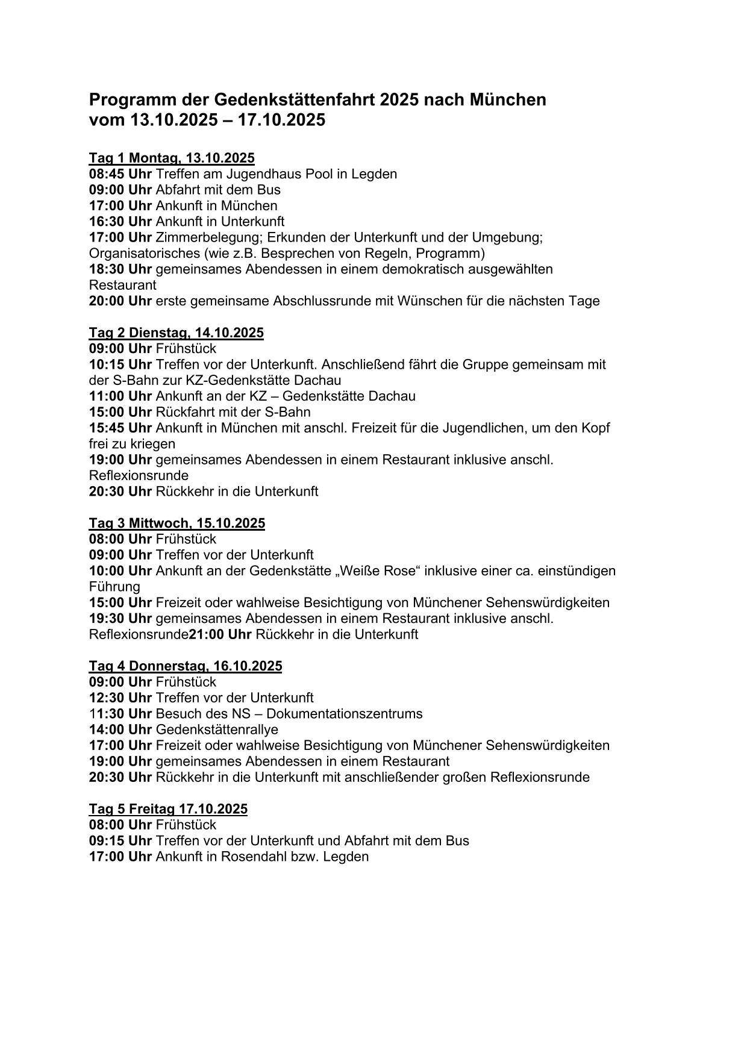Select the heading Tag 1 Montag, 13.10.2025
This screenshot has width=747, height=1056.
point(172,158)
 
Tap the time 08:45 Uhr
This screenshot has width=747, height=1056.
point(120,174)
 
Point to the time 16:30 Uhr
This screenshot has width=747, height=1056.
point(120,222)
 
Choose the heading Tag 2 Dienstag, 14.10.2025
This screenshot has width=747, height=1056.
point(176,333)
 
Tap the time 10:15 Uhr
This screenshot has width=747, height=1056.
point(120,364)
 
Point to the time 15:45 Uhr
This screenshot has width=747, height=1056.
point(120,428)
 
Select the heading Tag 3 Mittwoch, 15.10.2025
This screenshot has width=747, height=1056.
point(177,523)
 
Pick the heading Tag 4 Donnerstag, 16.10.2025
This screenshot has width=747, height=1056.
point(185,666)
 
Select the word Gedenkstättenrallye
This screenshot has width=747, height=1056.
point(217,730)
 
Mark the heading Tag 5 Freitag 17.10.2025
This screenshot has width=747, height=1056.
point(168,808)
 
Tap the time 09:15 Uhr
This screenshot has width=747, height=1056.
point(120,840)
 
